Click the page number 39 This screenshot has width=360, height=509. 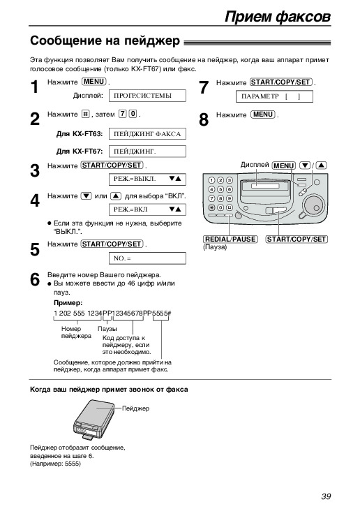point(326,496)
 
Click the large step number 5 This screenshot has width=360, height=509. point(35,250)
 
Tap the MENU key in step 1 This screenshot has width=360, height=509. point(94,82)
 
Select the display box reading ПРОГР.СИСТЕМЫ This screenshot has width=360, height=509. point(147,96)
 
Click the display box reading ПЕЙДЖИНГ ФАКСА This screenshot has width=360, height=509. point(147,134)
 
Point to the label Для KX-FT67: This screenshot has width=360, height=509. point(80,152)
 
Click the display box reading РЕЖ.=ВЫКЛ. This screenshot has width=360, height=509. point(147,179)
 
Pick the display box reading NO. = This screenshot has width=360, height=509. point(147,258)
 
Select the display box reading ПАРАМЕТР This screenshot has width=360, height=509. point(274,96)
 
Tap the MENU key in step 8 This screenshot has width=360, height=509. point(263,115)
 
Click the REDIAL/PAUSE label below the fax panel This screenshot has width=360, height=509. point(231,239)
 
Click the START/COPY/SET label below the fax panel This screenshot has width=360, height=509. point(297,239)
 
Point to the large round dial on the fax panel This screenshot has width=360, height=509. point(313,204)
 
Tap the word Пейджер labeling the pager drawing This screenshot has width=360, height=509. point(135,408)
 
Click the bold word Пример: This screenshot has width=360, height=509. point(68,303)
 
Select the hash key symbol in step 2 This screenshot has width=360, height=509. point(85,114)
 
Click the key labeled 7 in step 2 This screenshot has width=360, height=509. point(122,114)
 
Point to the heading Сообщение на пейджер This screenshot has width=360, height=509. point(105,41)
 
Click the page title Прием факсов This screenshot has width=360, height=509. point(278,16)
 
